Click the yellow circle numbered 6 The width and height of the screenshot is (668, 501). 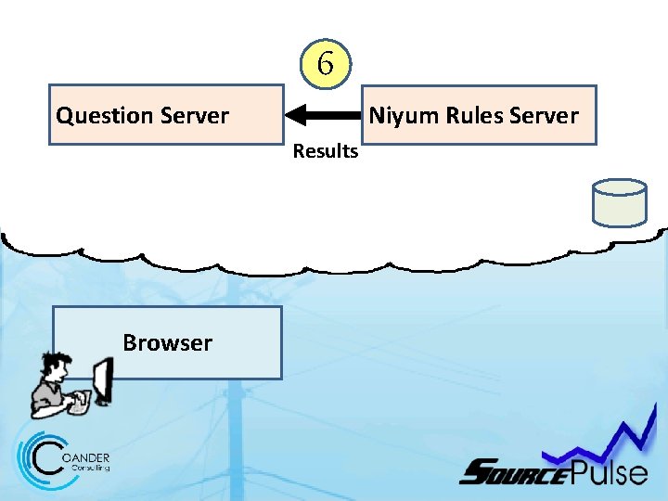pyautogui.click(x=325, y=64)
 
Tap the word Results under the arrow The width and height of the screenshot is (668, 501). pyautogui.click(x=325, y=151)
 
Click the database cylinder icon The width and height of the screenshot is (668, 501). pyautogui.click(x=619, y=202)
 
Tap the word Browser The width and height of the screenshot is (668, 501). pyautogui.click(x=167, y=342)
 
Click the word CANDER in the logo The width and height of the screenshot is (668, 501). pyautogui.click(x=90, y=457)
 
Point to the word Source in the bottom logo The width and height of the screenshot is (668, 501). pyautogui.click(x=514, y=473)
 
